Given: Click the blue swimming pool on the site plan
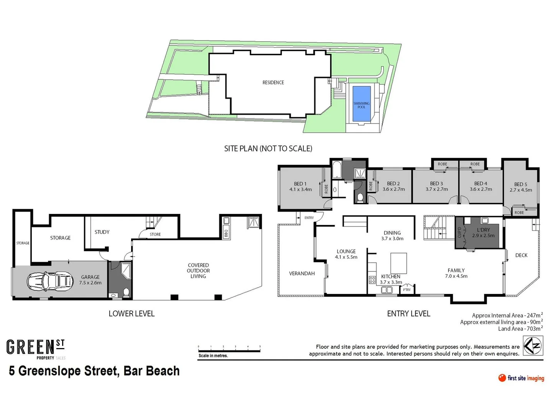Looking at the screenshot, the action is point(361,104).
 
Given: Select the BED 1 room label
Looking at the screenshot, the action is point(300,184).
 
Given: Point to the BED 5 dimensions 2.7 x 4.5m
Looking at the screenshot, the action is point(521,190).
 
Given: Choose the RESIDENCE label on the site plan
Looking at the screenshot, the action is point(273,82).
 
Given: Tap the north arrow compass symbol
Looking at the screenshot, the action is point(533,345).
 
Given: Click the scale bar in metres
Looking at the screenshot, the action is point(229,350).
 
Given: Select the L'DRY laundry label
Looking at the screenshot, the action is point(483,230).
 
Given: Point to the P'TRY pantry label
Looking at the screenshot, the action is point(407,289).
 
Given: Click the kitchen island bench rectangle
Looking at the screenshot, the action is point(399,263).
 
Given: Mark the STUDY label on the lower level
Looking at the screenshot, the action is point(102,232).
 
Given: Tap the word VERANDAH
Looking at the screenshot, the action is point(302,273).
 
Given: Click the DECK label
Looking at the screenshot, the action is point(521,255).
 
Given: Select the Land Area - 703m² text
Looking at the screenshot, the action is point(520,329).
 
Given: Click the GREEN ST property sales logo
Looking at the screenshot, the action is point(36,349).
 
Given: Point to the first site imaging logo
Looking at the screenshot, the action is point(521,378).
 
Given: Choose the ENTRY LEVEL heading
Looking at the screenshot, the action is point(409,314).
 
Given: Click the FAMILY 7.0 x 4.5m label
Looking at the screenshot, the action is point(456,273).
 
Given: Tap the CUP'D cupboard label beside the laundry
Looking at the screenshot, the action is point(459,232).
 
